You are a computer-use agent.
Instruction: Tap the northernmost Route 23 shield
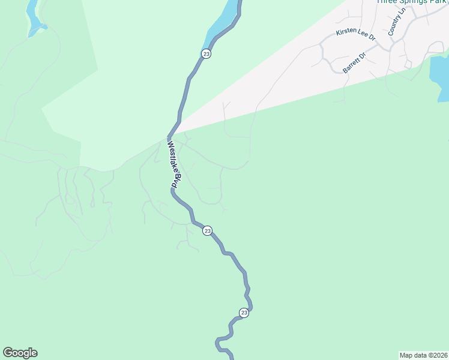tap(206, 54)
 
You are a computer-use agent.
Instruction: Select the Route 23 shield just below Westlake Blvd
tap(207, 231)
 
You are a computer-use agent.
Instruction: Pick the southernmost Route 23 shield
tap(244, 313)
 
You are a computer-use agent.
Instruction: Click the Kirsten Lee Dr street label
tap(355, 35)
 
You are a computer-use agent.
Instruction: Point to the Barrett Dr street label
tap(354, 62)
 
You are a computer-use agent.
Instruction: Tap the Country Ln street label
tap(397, 22)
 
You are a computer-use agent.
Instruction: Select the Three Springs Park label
tap(411, 2)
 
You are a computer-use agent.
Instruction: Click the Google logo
tap(20, 353)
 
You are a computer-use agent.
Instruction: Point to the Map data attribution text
tap(424, 355)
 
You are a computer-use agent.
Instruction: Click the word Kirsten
tap(346, 32)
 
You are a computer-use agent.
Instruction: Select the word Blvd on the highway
tap(175, 181)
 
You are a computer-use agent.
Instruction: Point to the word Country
tap(395, 25)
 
